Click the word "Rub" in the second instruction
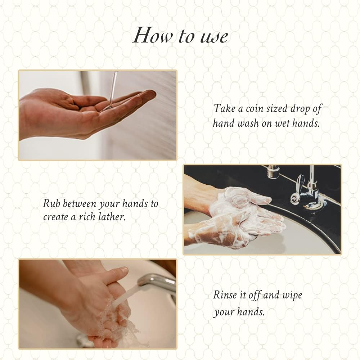pos(52,203)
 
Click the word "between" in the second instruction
pos(80,203)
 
